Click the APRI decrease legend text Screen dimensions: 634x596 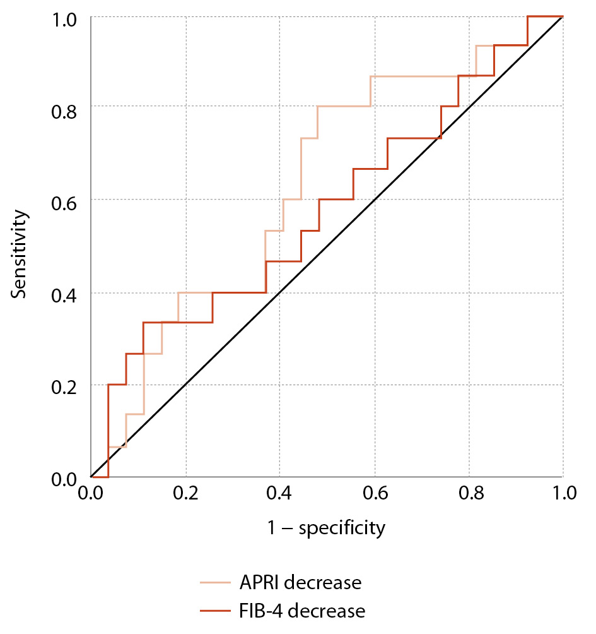click(300, 582)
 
